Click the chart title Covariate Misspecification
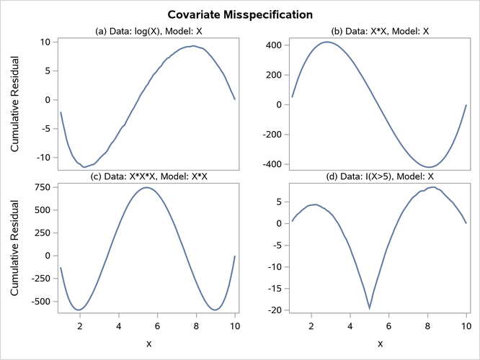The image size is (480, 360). pos(240,14)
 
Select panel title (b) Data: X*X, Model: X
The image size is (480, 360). pos(379,31)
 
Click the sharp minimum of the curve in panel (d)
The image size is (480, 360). pos(370,308)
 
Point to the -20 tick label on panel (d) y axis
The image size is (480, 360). pos(272,310)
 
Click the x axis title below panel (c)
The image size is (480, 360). pos(148,343)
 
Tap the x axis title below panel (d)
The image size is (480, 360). pos(379,343)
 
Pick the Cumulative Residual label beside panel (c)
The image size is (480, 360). pos(15,247)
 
